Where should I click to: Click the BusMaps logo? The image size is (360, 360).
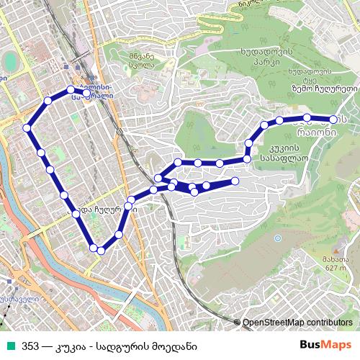pyautogui.click(x=330, y=346)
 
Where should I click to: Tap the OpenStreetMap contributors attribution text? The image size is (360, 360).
pyautogui.click(x=297, y=323)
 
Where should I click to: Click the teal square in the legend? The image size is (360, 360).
pyautogui.click(x=10, y=346)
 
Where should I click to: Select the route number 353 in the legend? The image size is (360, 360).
pyautogui.click(x=30, y=346)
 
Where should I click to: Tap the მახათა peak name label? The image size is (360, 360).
pyautogui.click(x=332, y=259)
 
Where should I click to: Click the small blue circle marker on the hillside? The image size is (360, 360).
pyautogui.click(x=278, y=238)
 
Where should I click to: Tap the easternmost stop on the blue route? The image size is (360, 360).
pyautogui.click(x=333, y=120)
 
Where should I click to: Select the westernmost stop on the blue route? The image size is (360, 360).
pyautogui.click(x=27, y=127)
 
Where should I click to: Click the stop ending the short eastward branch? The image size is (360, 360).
pyautogui.click(x=235, y=180)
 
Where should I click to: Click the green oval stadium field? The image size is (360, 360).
pyautogui.click(x=11, y=58)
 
